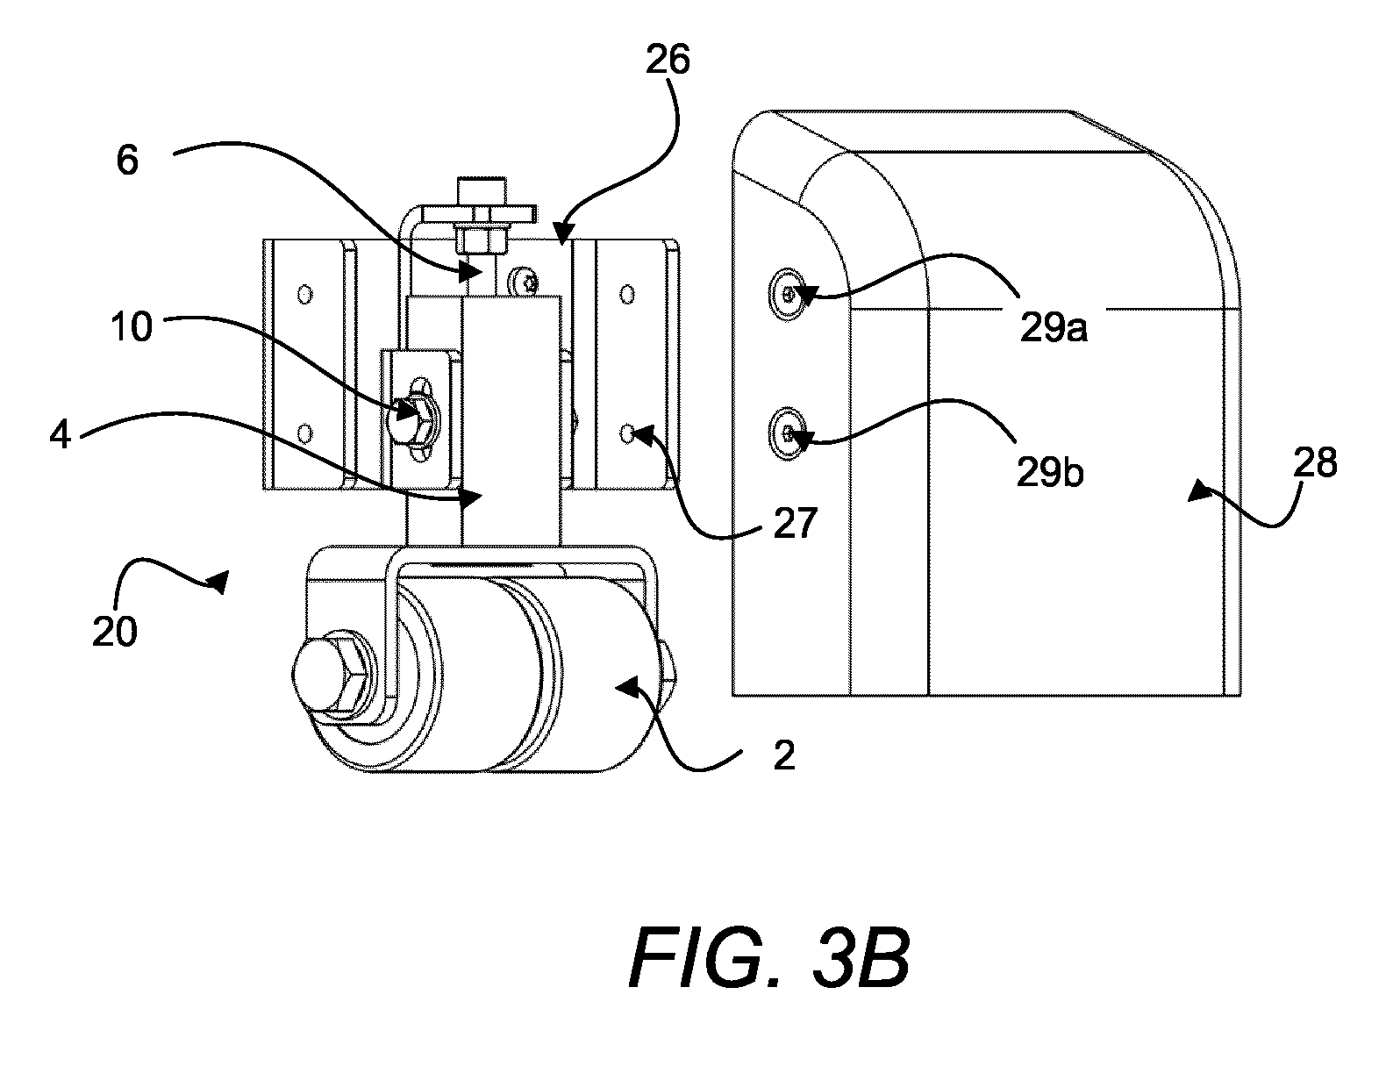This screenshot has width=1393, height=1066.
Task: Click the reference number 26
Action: point(668,61)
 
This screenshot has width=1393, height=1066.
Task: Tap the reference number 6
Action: point(127,161)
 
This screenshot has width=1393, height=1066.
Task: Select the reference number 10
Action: point(132,326)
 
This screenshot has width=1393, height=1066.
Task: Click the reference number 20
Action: point(115,632)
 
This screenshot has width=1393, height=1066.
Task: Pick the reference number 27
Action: point(795,524)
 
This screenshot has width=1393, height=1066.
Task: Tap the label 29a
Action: point(1054,328)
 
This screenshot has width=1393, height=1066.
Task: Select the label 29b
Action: point(1050,472)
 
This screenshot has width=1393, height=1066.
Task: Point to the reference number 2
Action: point(783,755)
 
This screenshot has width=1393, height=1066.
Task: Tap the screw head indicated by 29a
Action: point(788,295)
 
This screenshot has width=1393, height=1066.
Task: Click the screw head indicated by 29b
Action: point(788,434)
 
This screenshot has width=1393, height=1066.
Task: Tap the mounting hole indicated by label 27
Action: point(627,434)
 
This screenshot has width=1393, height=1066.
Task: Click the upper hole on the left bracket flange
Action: point(304,295)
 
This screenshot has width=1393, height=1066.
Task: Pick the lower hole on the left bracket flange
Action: point(304,434)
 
